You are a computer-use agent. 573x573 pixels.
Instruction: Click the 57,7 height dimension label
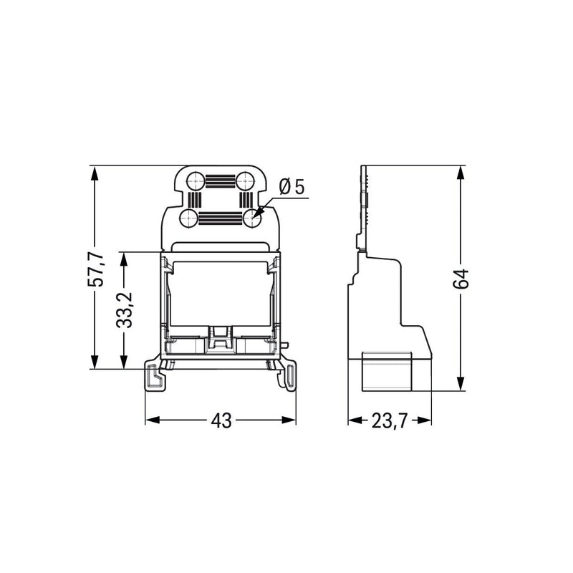pyautogui.click(x=96, y=269)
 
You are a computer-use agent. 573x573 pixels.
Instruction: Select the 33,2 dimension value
pyautogui.click(x=124, y=310)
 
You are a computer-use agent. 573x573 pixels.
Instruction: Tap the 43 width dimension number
pyautogui.click(x=221, y=420)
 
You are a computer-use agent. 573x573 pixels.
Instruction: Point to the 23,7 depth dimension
pyautogui.click(x=389, y=420)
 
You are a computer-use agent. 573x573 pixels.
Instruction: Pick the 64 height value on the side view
pyautogui.click(x=461, y=279)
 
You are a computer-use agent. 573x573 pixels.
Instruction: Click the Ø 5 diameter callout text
pyautogui.click(x=292, y=187)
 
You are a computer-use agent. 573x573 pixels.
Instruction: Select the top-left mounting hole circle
pyautogui.click(x=196, y=181)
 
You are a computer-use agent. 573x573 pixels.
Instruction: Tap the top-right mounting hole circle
pyautogui.click(x=245, y=181)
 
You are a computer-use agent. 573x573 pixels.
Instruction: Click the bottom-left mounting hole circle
pyautogui.click(x=188, y=218)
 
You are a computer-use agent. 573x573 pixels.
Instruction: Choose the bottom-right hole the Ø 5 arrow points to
pyautogui.click(x=252, y=218)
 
